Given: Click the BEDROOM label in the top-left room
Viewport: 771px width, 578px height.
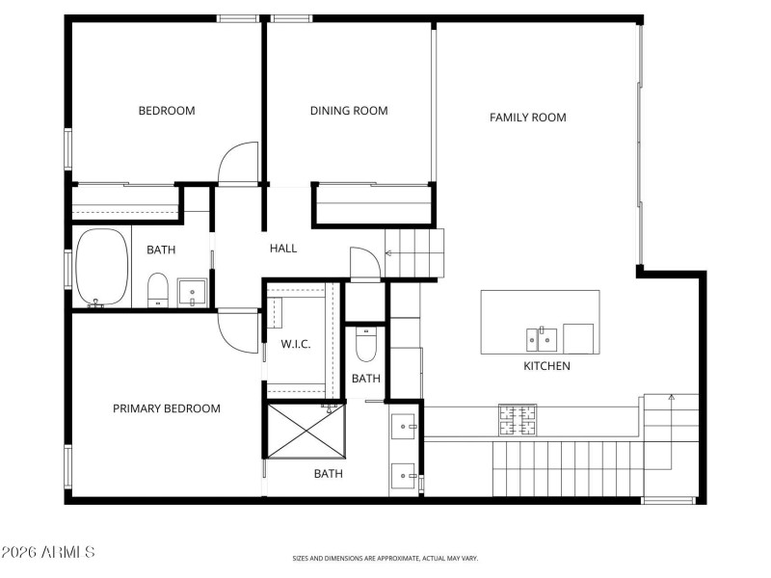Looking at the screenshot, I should pyautogui.click(x=167, y=111).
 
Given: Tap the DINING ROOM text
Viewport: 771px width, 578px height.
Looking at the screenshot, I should pyautogui.click(x=349, y=111).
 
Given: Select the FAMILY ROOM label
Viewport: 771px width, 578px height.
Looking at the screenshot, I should pyautogui.click(x=527, y=118).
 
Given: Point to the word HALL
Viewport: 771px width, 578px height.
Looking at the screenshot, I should pyautogui.click(x=283, y=249).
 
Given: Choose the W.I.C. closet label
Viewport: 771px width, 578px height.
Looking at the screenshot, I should pyautogui.click(x=296, y=344).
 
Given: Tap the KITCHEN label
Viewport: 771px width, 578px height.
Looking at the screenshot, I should pyautogui.click(x=546, y=366).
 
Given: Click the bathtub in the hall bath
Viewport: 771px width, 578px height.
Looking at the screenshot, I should pyautogui.click(x=102, y=267).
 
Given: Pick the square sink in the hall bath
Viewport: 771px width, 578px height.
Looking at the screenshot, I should pyautogui.click(x=192, y=292).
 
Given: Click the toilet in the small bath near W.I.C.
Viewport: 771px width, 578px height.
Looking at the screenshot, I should pyautogui.click(x=366, y=344).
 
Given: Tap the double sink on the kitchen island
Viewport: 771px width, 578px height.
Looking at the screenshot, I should pyautogui.click(x=541, y=339).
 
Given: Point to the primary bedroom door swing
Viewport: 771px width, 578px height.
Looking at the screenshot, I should pyautogui.click(x=240, y=330).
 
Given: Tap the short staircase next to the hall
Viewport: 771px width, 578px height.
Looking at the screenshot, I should pyautogui.click(x=415, y=253).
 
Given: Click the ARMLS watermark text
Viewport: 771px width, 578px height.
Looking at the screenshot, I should pyautogui.click(x=48, y=553).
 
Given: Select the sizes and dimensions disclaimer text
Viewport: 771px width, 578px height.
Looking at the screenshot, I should pyautogui.click(x=385, y=558).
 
